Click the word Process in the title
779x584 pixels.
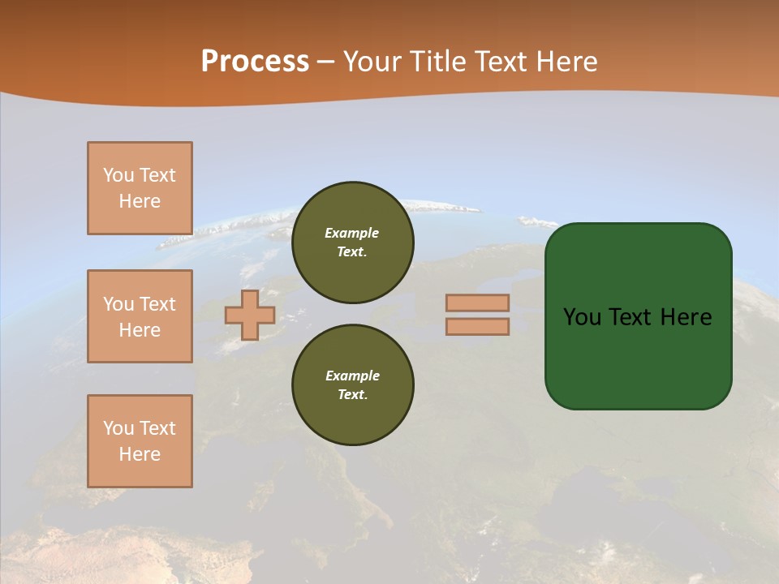[x=255, y=62]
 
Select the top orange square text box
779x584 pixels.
[x=140, y=188]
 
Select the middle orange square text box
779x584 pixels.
[x=140, y=316]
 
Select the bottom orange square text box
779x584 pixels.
[x=140, y=441]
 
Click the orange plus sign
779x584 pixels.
[x=250, y=315]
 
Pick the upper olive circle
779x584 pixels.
[x=352, y=242]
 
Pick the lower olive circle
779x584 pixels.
[x=352, y=385]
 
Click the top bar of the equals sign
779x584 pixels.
[x=477, y=303]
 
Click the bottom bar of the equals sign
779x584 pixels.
[x=477, y=326]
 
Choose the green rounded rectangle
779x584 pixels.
[x=638, y=357]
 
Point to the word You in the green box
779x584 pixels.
[x=580, y=317]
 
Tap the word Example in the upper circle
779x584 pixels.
[x=352, y=233]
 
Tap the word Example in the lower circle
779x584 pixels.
[x=352, y=376]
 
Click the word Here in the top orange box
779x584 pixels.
[x=140, y=201]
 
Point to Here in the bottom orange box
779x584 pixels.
[x=140, y=454]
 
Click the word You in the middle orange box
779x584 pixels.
[x=118, y=304]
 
